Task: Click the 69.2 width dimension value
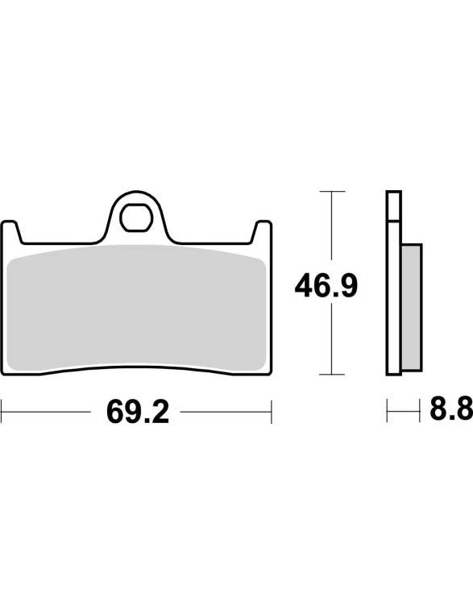tap(138, 413)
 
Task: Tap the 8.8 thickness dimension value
tap(451, 409)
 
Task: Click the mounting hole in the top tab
tap(136, 218)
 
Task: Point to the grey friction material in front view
tap(137, 308)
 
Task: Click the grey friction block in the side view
tap(412, 307)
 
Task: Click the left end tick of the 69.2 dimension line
tap(2, 412)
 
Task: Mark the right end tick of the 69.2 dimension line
tap(271, 412)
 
